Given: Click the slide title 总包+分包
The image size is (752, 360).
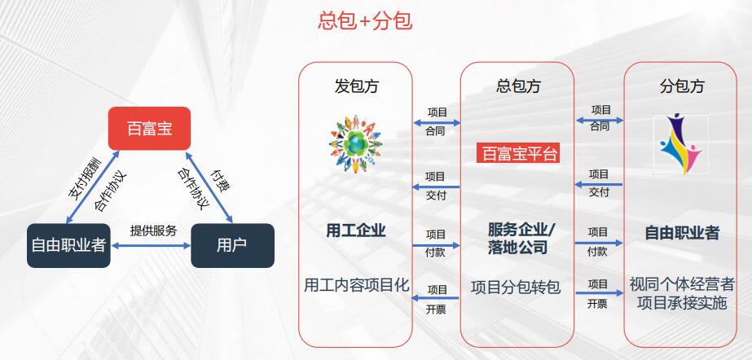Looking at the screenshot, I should click(364, 21).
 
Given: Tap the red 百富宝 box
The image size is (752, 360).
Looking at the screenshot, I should click(149, 129).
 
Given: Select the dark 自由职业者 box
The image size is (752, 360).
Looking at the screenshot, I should click(68, 244).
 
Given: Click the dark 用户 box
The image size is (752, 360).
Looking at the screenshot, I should click(231, 244).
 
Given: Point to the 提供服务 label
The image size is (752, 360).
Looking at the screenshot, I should click(153, 230).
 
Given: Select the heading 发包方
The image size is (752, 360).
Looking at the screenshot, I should click(356, 86).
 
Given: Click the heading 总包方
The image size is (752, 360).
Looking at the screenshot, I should click(518, 86).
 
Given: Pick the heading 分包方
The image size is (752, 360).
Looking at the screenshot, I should click(681, 86).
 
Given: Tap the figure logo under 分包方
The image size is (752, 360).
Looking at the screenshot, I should click(681, 140).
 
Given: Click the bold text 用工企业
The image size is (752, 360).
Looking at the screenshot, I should click(356, 231).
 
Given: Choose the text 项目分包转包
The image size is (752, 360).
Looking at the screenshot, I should click(516, 287).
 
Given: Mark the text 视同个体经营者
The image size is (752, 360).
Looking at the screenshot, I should click(682, 285).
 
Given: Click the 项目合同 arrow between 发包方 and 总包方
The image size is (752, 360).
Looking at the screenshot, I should click(436, 121).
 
